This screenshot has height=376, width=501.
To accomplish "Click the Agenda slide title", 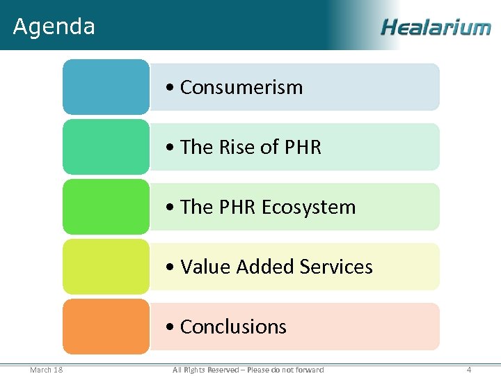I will point(54,26).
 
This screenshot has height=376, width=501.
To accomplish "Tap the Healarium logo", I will point(436,27).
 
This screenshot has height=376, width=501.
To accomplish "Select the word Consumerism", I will point(241,88).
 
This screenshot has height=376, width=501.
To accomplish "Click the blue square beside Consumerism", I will point(106,87).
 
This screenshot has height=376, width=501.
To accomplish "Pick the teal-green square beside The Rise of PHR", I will point(106,147).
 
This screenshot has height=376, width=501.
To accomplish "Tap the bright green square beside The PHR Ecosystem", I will point(106,207).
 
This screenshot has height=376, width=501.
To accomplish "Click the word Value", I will point(205,267).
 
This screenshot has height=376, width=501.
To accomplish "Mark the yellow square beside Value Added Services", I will point(106,267).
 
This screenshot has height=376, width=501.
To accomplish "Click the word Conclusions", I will point(233,327).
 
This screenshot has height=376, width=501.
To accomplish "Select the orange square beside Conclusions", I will point(106,327).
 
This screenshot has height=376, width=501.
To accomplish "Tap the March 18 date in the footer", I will point(47,370).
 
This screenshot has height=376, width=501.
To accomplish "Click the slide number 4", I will point(469,370).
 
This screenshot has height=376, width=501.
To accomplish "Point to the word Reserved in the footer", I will point(223,370).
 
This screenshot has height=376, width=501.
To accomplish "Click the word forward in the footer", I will point(310,370).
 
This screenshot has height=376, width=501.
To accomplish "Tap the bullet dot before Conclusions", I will point(170,327).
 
